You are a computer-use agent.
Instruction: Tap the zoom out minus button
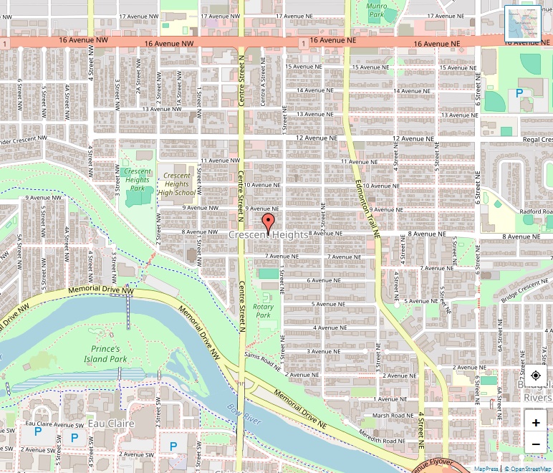tap(536, 445)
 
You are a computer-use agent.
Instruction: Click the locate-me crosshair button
tap(536, 376)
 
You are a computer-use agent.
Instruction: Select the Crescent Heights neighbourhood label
tap(269, 234)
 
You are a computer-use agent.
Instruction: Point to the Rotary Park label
tap(264, 310)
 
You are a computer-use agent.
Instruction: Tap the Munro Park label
tap(377, 10)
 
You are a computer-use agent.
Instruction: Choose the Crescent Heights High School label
tap(176, 184)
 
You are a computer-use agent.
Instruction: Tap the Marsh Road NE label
tap(393, 415)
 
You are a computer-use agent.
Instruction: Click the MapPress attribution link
tap(486, 469)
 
